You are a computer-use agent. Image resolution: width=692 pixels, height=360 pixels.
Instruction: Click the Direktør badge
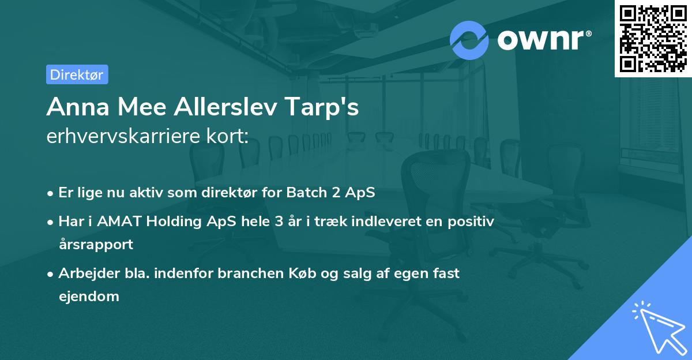click(77, 74)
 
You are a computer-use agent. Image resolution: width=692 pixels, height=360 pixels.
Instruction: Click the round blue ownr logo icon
click(469, 40)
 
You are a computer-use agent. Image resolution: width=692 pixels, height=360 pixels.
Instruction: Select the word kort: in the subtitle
click(229, 137)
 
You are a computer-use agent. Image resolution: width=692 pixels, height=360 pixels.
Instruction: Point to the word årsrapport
click(96, 245)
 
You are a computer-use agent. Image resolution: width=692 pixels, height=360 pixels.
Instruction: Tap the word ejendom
click(89, 297)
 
